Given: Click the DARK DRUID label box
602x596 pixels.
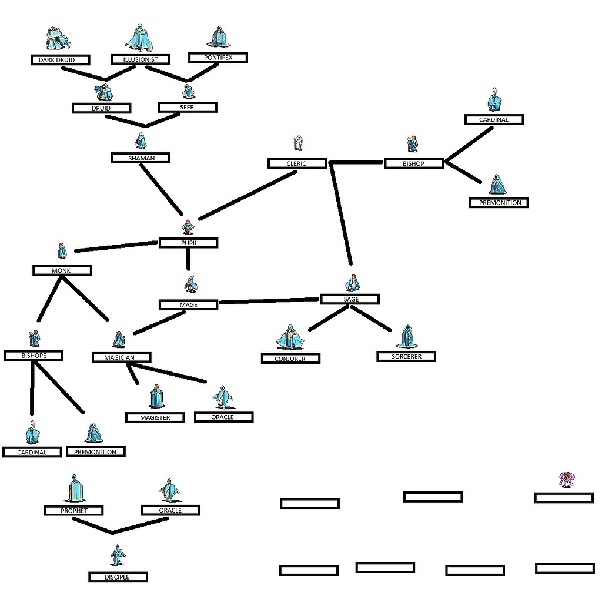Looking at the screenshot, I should (61, 60).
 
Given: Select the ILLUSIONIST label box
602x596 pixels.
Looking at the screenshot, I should (141, 59).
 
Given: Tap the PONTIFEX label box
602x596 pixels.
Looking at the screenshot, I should (218, 58).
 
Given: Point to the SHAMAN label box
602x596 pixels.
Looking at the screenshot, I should (141, 158).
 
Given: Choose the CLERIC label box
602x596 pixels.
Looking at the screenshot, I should (297, 163).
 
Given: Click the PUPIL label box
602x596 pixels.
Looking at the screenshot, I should (188, 243).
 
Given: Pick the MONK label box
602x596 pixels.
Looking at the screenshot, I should (62, 270).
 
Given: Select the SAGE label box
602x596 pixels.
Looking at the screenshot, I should (350, 299).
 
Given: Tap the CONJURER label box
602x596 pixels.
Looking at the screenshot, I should (290, 359).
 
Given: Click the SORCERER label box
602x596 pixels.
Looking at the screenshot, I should (406, 356).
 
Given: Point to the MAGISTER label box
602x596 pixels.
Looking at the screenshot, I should (155, 417).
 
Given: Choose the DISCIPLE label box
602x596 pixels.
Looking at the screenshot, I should (118, 577).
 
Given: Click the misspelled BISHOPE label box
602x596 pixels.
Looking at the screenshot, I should (34, 356).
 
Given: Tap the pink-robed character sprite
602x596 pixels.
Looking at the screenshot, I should (566, 480).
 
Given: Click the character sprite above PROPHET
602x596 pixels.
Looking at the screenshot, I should (74, 489).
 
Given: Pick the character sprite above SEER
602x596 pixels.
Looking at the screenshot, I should (188, 91).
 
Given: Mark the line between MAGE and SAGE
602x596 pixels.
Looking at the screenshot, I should (269, 302).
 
